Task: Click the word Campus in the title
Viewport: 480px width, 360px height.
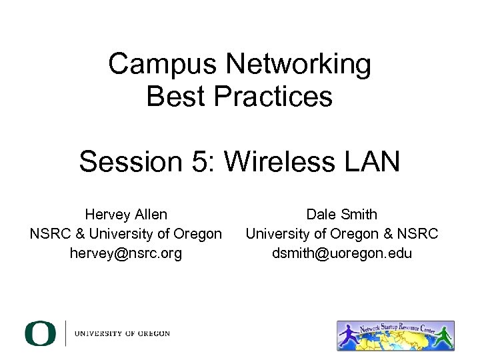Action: (x=163, y=65)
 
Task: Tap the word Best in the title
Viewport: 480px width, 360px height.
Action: (x=175, y=97)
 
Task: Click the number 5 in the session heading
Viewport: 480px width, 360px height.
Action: (x=202, y=161)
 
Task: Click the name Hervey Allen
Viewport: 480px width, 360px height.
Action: (x=126, y=215)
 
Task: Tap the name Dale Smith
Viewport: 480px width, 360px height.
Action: (x=341, y=215)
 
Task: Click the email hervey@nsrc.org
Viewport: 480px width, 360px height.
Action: (x=126, y=253)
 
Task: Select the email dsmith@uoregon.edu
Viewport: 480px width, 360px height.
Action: (x=341, y=253)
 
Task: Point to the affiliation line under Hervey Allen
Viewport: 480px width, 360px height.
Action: (x=126, y=234)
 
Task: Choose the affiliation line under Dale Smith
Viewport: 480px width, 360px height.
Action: (x=341, y=234)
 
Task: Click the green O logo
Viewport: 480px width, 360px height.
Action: (x=41, y=333)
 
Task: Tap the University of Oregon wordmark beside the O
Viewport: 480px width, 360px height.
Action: (x=122, y=333)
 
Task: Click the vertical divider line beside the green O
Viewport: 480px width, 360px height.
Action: (x=65, y=333)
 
